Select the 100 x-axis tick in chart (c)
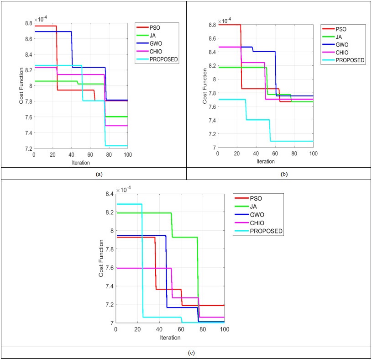pyautogui.click(x=224, y=330)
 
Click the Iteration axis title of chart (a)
pyautogui.click(x=80, y=162)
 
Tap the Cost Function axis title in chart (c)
pyautogui.click(x=101, y=258)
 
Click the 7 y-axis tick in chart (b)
pyautogui.click(x=213, y=148)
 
